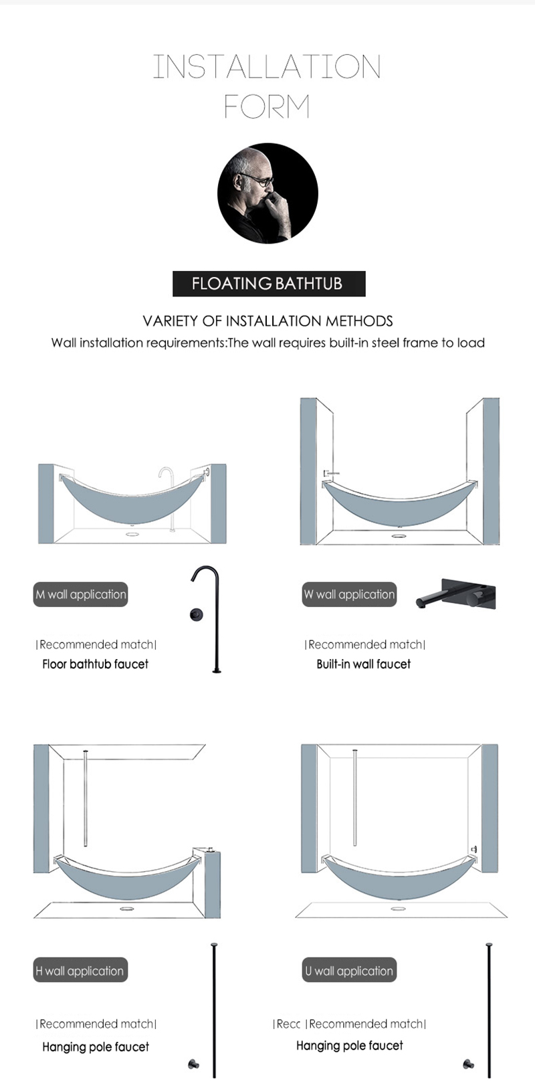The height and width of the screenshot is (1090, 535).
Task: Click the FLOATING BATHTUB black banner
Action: point(269,284)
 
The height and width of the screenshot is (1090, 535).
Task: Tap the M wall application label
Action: point(81,594)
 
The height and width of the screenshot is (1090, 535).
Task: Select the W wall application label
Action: point(349,594)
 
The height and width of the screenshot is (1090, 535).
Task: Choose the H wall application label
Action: point(80,971)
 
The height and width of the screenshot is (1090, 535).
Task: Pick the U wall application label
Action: point(349,971)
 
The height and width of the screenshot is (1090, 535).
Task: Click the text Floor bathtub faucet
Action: point(96,664)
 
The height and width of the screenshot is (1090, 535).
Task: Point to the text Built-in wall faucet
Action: point(363,664)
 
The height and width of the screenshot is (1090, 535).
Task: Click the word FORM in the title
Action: point(267,106)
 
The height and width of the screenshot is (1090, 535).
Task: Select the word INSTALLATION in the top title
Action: point(267,67)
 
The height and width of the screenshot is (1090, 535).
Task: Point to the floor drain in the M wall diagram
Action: point(132,535)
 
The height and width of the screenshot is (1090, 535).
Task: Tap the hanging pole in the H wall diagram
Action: point(86,798)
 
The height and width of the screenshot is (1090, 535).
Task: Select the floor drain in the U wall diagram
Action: point(399,909)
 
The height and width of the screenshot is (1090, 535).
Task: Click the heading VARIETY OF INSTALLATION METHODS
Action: point(268,321)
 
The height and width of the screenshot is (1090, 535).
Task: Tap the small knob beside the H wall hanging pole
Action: point(193,1064)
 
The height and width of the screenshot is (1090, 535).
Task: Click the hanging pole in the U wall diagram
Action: point(354,798)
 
